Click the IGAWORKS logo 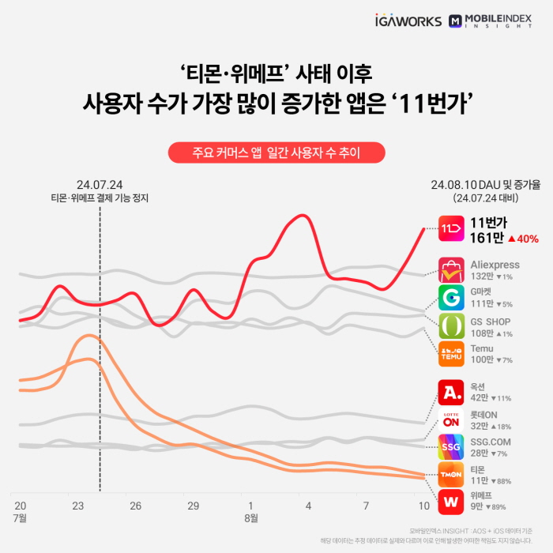[408, 21]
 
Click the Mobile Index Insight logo [489, 21]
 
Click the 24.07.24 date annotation [100, 183]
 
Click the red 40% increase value [523, 239]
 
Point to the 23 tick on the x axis [78, 506]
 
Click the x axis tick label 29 [193, 506]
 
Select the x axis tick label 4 [308, 506]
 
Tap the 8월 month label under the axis [250, 518]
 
